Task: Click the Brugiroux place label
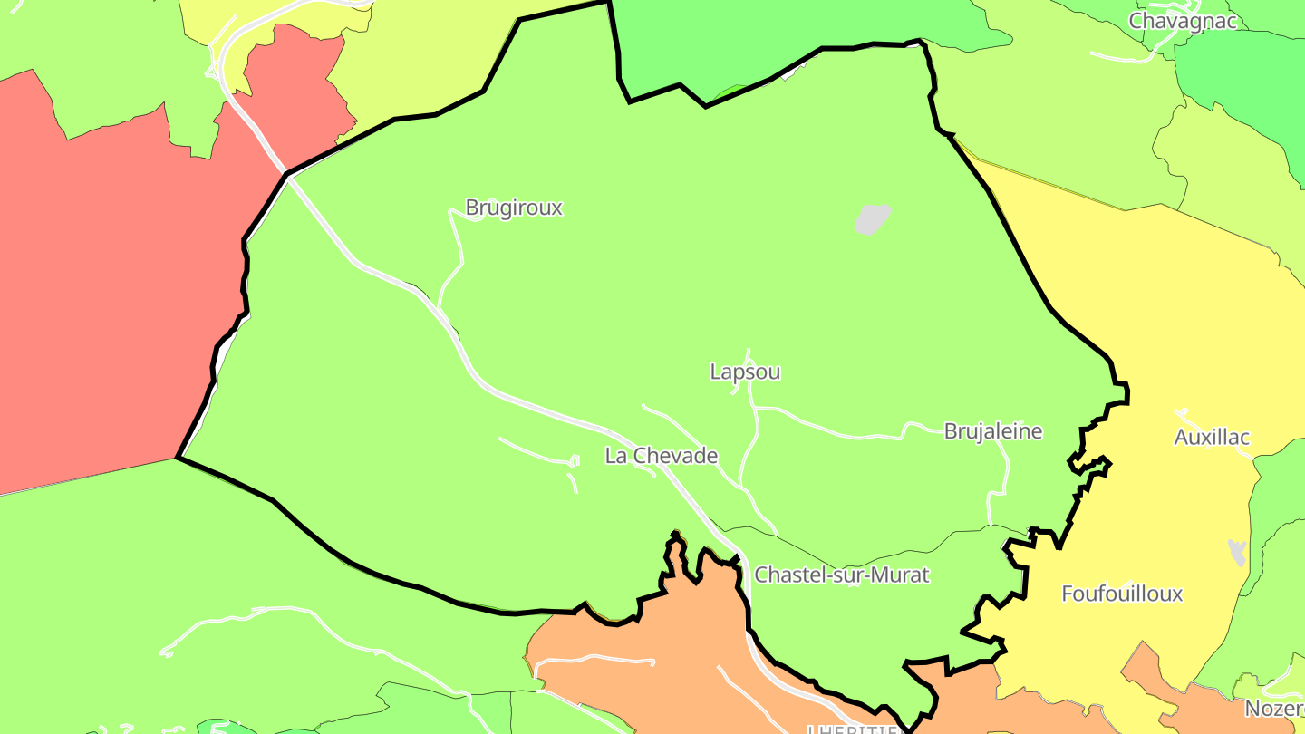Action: (x=514, y=208)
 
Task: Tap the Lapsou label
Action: (x=745, y=372)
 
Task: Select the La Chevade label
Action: (x=662, y=456)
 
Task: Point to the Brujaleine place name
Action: (x=993, y=431)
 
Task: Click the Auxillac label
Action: (x=1212, y=437)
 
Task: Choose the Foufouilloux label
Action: (x=1122, y=594)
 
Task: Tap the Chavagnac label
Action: (x=1183, y=21)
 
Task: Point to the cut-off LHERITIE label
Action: (x=852, y=729)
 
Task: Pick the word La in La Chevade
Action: (x=616, y=456)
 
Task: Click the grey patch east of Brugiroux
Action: (x=872, y=218)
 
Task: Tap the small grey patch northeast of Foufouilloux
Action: (x=1237, y=551)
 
